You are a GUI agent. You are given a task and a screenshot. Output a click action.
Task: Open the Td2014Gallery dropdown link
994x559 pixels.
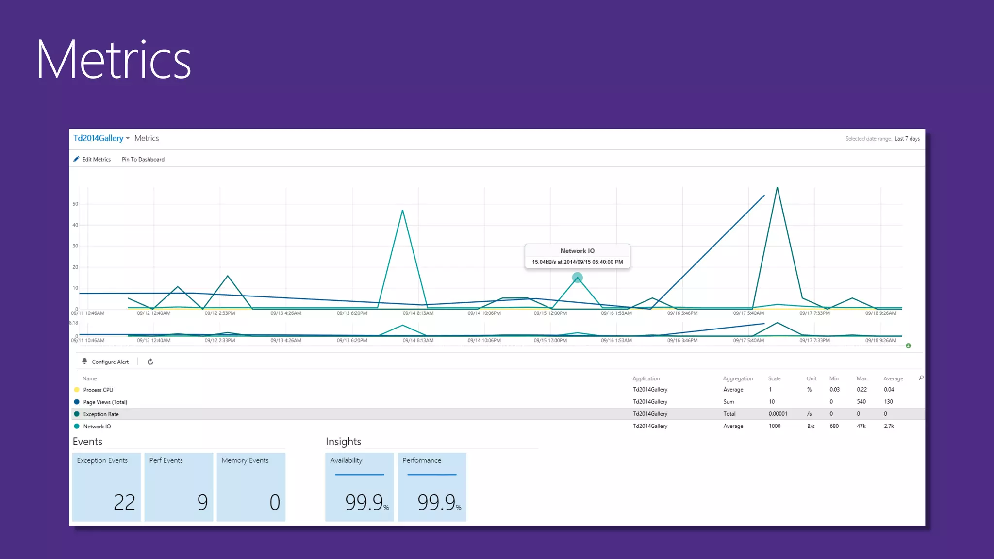click(101, 138)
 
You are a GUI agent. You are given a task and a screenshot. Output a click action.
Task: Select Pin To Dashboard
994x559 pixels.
click(143, 159)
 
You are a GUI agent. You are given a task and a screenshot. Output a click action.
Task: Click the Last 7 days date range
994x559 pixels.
click(907, 139)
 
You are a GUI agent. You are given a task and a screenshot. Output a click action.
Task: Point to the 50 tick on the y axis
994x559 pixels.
click(75, 204)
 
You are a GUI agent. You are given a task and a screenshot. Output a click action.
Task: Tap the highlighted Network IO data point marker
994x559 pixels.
click(577, 278)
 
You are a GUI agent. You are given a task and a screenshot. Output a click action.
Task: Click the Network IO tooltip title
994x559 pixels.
click(577, 251)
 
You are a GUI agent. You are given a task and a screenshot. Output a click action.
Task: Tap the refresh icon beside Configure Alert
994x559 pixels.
click(150, 362)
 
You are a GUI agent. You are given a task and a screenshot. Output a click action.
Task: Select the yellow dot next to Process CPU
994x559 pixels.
click(77, 390)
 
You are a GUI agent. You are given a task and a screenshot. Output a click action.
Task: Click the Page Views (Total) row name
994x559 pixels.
click(105, 402)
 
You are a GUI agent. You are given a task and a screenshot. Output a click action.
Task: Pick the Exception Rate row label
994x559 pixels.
click(100, 414)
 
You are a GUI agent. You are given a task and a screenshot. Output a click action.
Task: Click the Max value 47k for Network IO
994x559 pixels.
click(861, 426)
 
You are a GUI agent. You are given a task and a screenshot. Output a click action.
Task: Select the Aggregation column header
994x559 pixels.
click(738, 378)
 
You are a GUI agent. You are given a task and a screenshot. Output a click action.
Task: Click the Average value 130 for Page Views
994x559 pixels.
click(888, 402)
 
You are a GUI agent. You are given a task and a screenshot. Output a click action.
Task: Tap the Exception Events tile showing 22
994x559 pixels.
click(106, 487)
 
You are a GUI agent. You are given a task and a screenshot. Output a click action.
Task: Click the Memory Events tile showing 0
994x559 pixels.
click(251, 487)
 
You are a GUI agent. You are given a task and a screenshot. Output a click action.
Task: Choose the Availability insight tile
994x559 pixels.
click(359, 487)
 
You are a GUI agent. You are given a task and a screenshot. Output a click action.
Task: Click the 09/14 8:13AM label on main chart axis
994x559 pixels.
click(418, 313)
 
